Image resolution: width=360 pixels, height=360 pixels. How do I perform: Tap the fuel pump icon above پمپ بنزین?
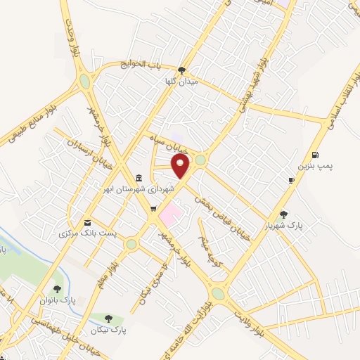314,155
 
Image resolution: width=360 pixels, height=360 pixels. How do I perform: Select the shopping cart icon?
153,208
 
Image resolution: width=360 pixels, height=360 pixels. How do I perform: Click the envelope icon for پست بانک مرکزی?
87,221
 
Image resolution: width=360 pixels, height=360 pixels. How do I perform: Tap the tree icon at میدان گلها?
182,70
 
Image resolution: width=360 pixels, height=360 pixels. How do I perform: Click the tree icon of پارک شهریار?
283,214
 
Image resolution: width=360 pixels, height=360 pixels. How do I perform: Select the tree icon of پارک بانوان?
58,288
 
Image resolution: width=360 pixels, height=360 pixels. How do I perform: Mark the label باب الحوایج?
143,64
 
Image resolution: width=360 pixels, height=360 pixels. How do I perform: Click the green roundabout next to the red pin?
201,160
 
